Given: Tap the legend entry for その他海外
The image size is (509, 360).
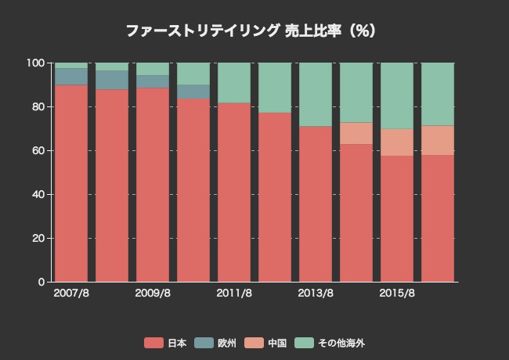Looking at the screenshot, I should pos(329,343).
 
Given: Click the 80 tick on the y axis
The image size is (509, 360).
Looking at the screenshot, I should pos(37,106).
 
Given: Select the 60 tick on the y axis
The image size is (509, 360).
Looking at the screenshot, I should pos(37,150).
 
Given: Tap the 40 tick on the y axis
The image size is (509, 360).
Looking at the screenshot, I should pos(37,194).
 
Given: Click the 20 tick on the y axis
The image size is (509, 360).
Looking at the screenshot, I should pos(37,238).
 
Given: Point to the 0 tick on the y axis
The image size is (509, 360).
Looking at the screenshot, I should pos(40,282).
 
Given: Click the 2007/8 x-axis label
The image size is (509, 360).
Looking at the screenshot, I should pos(71,293).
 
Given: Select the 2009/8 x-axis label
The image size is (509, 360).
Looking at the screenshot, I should pos(153,293).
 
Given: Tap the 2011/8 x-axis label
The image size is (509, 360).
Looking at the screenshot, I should pos(234,293).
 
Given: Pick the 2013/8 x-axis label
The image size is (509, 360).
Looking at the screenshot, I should pos(316,293).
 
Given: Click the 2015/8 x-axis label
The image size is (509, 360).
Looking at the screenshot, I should pos(397,293).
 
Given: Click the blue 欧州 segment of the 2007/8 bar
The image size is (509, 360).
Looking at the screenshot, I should pos(71,76).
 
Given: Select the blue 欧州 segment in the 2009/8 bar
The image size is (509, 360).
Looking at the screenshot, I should pos(153,81).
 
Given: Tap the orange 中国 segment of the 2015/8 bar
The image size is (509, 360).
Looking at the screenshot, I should pos(397,142).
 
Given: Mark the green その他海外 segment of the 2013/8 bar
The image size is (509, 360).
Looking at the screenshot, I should pos(316,94).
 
